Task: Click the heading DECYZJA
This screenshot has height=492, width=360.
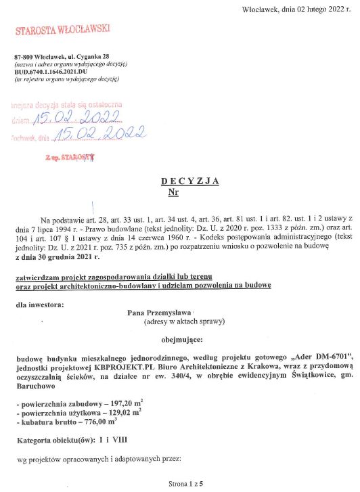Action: point(190,181)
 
